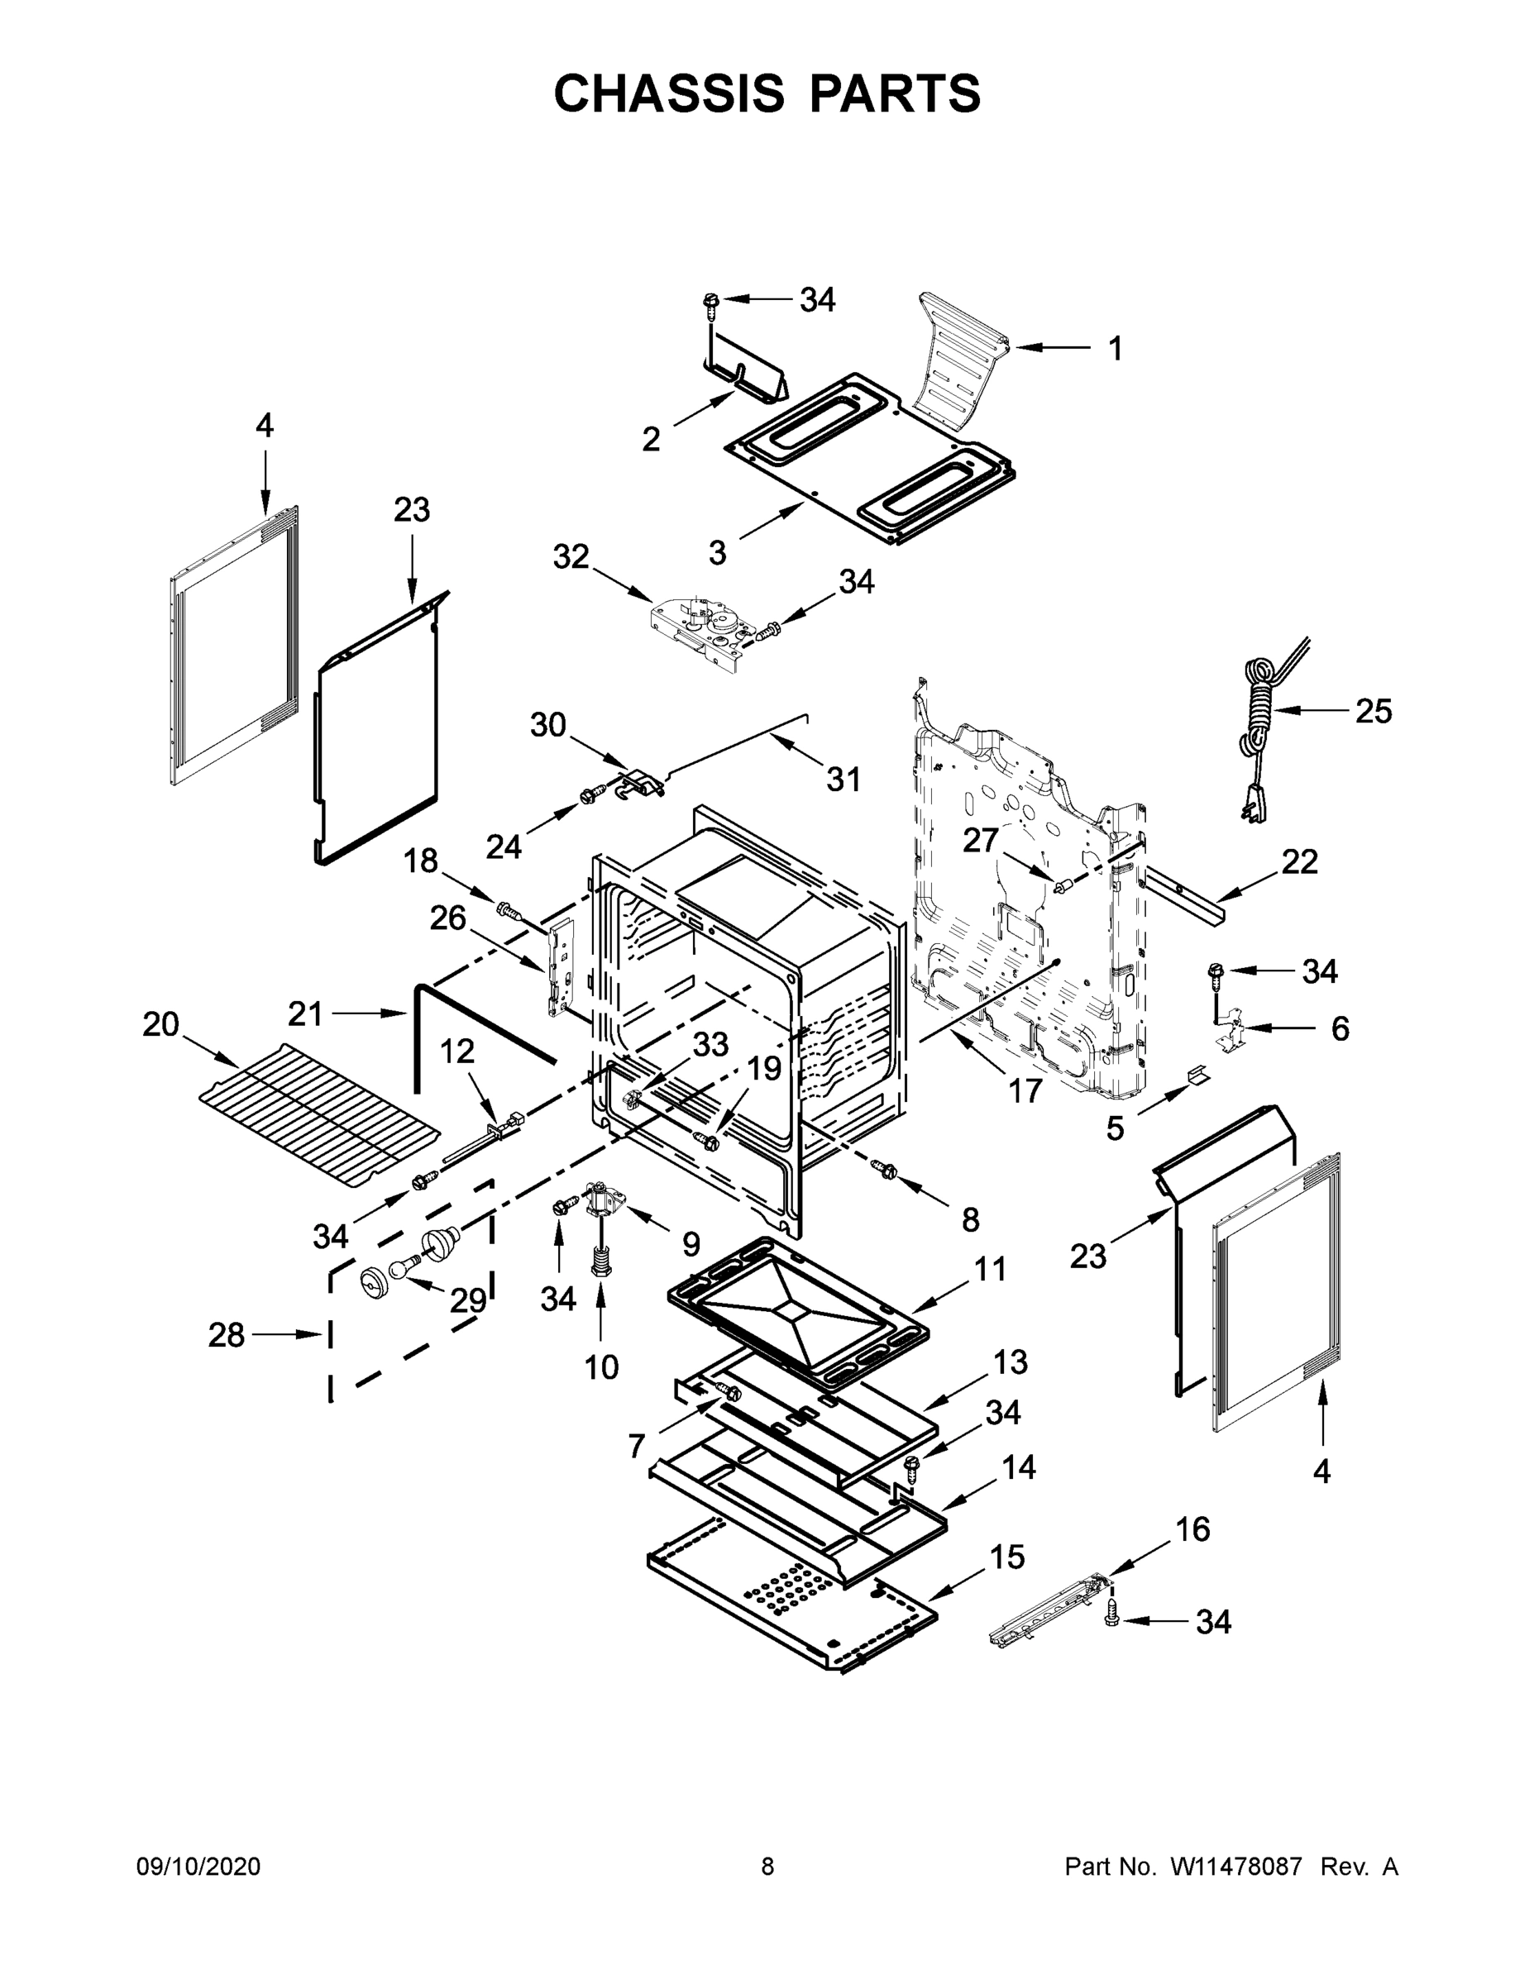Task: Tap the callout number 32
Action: [571, 556]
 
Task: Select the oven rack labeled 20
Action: [318, 1115]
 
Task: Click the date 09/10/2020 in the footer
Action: [198, 1867]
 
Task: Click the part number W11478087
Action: [1236, 1867]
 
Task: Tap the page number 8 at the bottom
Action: [767, 1867]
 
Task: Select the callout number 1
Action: [1115, 348]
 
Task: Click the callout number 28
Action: [227, 1334]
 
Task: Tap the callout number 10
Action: [600, 1366]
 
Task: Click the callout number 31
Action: [843, 779]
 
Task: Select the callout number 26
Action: [448, 918]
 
